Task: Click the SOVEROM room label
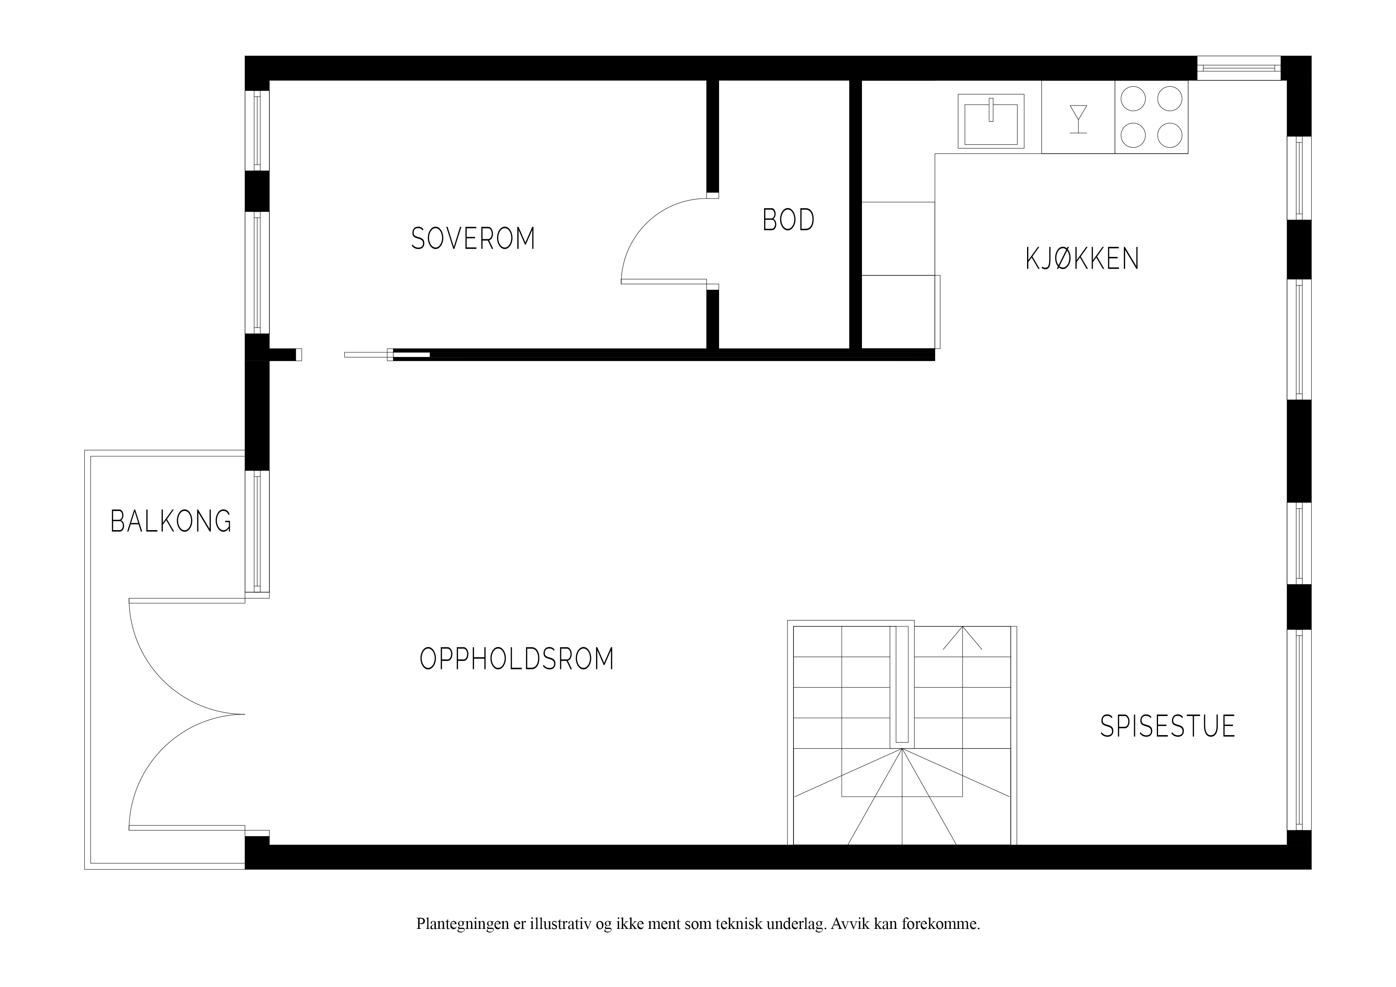click(x=473, y=238)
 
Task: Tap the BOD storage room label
click(x=789, y=220)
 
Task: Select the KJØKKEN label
click(x=1082, y=258)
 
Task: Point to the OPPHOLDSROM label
click(x=517, y=659)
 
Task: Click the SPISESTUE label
click(x=1168, y=726)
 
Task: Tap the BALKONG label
click(x=171, y=521)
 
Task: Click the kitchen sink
click(x=991, y=121)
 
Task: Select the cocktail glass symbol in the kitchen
click(x=1078, y=119)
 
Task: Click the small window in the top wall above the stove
click(x=1238, y=68)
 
